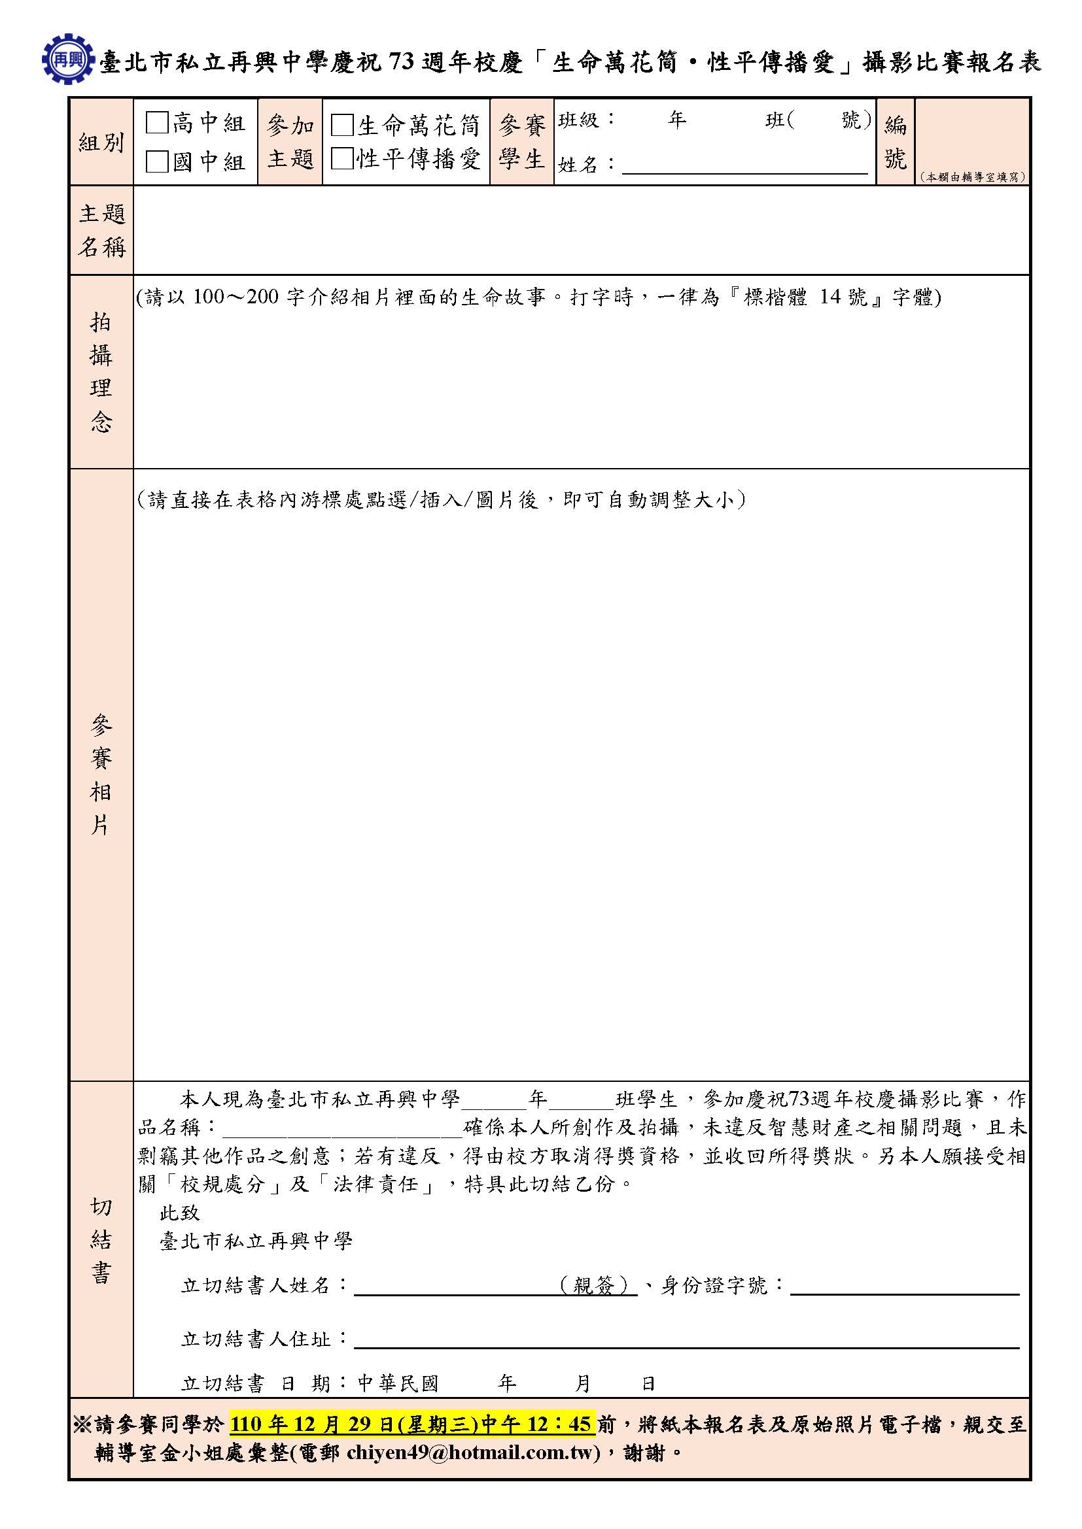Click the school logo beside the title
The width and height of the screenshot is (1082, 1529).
point(67,59)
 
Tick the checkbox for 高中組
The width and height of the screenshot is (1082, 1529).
point(157,122)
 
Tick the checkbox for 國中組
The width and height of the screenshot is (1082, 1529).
point(157,161)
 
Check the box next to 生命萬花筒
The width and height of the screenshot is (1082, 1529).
point(341,126)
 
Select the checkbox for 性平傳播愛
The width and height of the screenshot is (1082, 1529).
point(341,158)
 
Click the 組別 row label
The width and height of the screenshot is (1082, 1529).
point(101,143)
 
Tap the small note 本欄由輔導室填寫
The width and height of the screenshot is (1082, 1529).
point(973,177)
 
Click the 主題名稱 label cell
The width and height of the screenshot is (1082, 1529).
point(101,230)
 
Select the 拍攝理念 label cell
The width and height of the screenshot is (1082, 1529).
point(101,371)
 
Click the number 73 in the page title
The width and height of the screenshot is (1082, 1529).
point(402,62)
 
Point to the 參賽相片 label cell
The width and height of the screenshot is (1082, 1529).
point(101,775)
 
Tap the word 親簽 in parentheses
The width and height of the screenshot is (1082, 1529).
point(593,1285)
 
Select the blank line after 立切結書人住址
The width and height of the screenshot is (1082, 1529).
point(686,1339)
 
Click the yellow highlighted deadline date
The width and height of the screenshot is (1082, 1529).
point(411,1424)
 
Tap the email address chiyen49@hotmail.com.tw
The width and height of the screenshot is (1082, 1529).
point(473,1453)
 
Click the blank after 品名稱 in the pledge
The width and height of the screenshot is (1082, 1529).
point(341,1128)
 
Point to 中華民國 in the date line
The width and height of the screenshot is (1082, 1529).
point(398,1384)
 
